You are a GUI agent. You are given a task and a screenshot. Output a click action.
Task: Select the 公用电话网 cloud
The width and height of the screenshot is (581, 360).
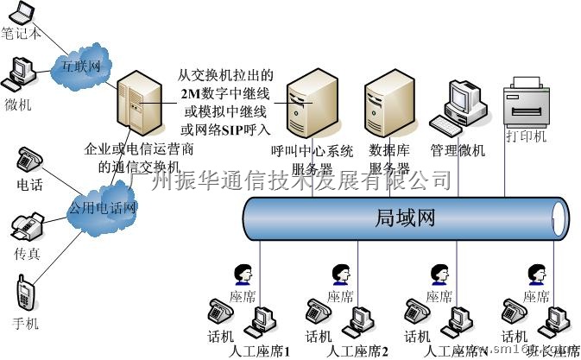tap(103, 208)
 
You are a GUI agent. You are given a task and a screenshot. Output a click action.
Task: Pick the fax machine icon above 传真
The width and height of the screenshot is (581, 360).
tap(26, 230)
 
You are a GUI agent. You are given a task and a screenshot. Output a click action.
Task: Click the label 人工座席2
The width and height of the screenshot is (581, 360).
tap(357, 352)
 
